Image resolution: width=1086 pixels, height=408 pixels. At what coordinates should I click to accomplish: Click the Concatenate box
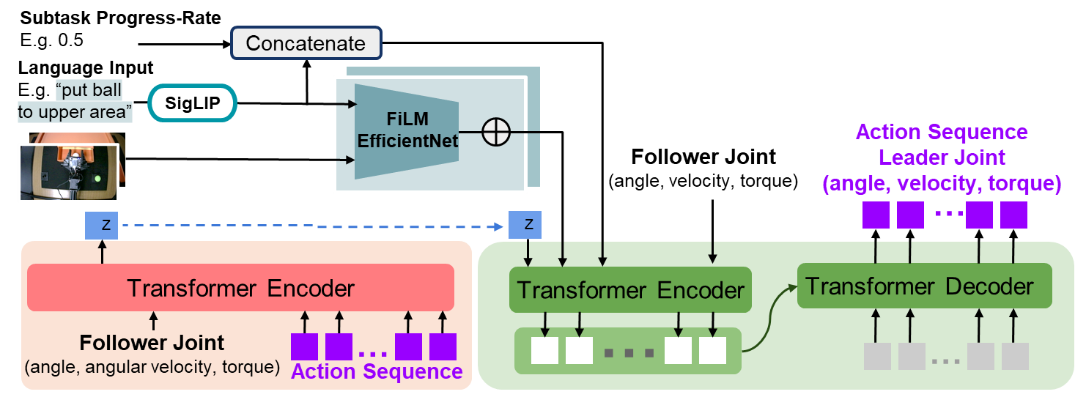[306, 43]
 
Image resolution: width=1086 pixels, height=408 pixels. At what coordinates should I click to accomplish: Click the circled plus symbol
[496, 133]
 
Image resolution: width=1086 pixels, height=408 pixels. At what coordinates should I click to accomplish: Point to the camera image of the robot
[68, 171]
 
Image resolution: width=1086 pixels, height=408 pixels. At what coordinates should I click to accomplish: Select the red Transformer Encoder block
[240, 288]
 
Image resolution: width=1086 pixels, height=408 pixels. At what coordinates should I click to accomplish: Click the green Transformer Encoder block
[630, 290]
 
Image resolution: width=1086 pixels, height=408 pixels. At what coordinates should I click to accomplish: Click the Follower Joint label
[152, 343]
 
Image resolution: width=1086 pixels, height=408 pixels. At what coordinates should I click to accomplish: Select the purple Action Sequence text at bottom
[377, 371]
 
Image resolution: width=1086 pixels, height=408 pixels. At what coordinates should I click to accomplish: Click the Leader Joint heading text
[942, 157]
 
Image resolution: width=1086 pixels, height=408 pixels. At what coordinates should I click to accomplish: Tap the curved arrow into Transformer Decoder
[769, 315]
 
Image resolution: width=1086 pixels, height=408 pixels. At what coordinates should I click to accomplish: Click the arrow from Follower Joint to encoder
[152, 321]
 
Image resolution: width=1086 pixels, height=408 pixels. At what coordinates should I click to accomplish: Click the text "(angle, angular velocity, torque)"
[152, 367]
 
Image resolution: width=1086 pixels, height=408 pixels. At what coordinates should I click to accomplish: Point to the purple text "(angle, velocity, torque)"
[942, 184]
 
